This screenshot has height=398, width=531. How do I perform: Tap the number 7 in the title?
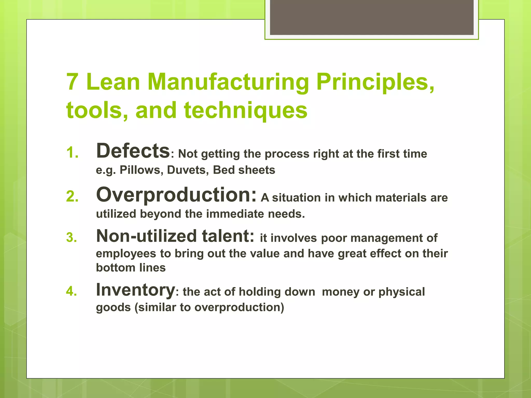(72, 82)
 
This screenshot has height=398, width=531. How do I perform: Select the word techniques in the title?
(246, 110)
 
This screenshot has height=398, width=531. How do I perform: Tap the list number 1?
(72, 153)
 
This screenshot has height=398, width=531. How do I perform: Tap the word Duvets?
(188, 170)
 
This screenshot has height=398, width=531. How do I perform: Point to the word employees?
(126, 254)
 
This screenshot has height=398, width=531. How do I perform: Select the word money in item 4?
(340, 292)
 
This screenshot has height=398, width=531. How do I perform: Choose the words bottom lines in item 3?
(131, 268)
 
